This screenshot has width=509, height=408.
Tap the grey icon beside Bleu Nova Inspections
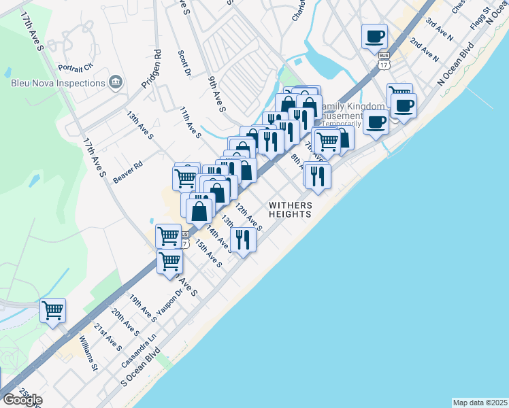pyautogui.click(x=115, y=83)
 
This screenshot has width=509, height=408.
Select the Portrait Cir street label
pyautogui.click(x=75, y=67)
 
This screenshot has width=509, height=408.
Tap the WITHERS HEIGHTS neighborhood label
pyautogui.click(x=290, y=209)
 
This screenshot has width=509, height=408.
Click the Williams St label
pyautogui.click(x=88, y=354)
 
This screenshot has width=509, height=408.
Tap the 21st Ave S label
pyautogui.click(x=108, y=337)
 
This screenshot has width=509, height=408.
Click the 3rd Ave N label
pyautogui.click(x=440, y=25)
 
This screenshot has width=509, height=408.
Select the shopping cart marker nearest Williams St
pyautogui.click(x=52, y=311)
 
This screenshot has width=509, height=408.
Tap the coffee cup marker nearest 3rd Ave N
pyautogui.click(x=374, y=35)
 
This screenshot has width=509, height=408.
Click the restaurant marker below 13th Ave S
pyautogui.click(x=242, y=239)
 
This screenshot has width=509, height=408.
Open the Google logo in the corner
pyautogui.click(x=22, y=400)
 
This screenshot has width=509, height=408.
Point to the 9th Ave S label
pyautogui.click(x=217, y=93)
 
